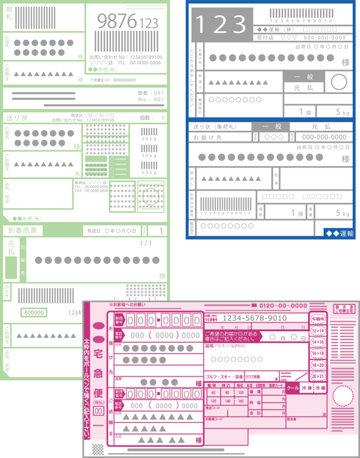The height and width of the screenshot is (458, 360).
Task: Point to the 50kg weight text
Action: [149, 173]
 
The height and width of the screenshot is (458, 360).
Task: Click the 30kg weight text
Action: [149, 156]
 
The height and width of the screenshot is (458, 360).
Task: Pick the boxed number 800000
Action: [34, 312]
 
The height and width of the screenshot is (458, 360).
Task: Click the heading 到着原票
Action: [23, 230]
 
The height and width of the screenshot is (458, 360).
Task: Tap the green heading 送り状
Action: [17, 118]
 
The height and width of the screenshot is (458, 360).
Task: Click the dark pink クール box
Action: [293, 387]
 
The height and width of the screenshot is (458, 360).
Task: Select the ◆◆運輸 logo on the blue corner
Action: [339, 234]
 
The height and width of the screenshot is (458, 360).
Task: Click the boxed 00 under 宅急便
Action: [98, 410]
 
